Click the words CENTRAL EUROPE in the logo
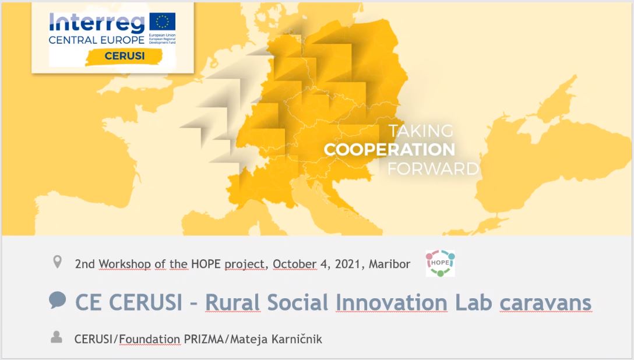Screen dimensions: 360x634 coord(96,40)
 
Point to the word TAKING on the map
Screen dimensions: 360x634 coord(421,130)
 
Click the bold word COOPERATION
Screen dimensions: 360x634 coord(389,150)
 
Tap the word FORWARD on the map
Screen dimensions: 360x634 coord(433,169)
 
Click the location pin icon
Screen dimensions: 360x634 coord(57,263)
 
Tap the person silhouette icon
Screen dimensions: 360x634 coord(57,337)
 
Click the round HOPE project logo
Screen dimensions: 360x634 coord(440,263)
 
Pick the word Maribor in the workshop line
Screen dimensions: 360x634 coord(390,264)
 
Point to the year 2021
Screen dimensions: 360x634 coord(346,264)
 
